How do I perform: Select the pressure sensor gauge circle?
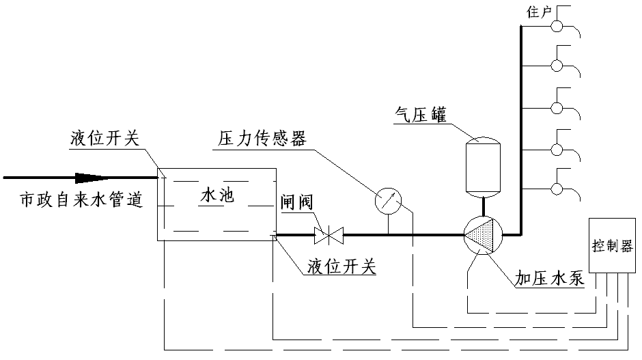389,200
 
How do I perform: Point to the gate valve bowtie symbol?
329,236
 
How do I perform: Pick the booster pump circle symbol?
484,235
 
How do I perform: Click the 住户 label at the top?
540,12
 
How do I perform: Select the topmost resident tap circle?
557,26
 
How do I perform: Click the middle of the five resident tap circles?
557,107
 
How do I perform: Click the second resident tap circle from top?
557,66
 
